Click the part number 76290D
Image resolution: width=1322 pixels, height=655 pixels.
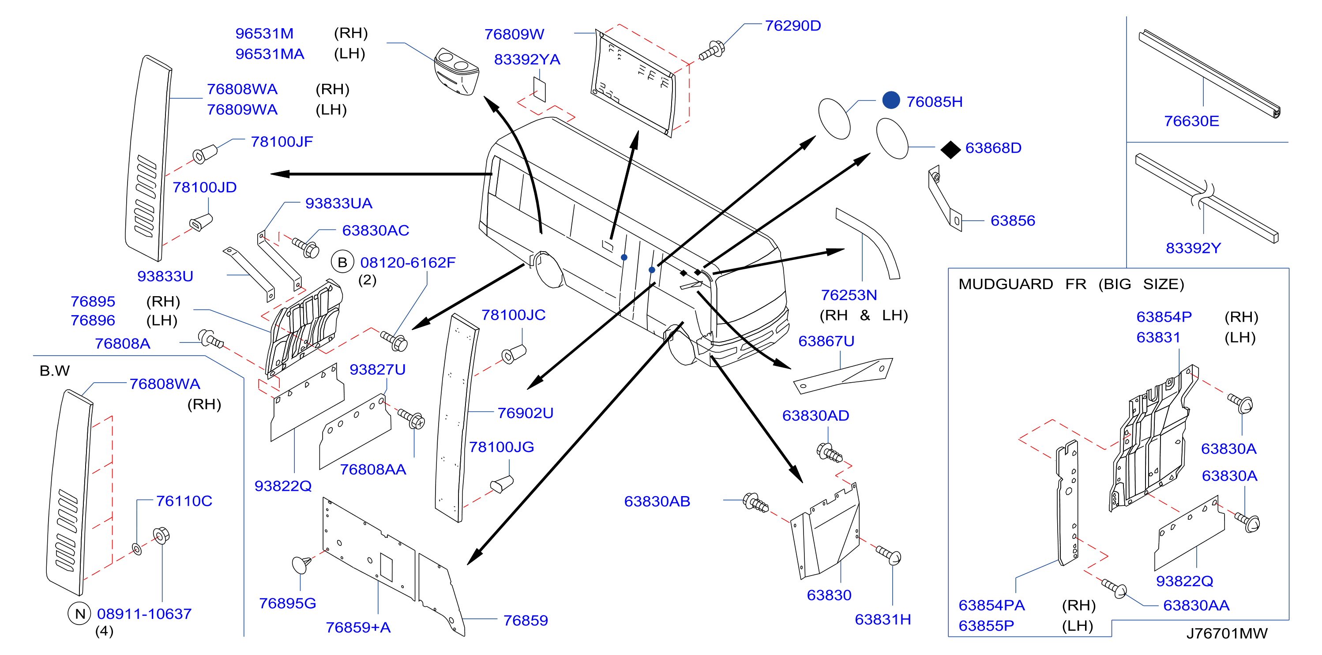click(x=792, y=26)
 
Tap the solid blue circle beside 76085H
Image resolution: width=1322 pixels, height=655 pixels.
click(x=891, y=100)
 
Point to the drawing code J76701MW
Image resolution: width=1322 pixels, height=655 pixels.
click(x=1227, y=633)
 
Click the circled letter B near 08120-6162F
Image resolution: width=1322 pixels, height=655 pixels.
click(x=342, y=262)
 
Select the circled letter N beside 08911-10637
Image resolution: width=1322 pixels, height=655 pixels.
click(x=79, y=614)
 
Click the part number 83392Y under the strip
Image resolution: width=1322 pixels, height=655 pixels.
click(x=1193, y=248)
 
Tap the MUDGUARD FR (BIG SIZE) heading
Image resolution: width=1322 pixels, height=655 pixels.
click(x=1071, y=284)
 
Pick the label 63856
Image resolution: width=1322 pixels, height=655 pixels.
click(x=1013, y=221)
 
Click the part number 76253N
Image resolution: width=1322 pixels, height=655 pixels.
click(x=849, y=295)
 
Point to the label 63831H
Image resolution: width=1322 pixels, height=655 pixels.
click(x=883, y=620)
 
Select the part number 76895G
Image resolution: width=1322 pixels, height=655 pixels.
click(x=287, y=603)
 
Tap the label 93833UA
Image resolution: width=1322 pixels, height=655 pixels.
click(x=339, y=203)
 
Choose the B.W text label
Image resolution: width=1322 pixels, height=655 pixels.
click(x=54, y=371)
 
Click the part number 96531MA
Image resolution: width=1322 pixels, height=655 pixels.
click(x=270, y=54)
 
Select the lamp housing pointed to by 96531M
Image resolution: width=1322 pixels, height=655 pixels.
click(x=456, y=72)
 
